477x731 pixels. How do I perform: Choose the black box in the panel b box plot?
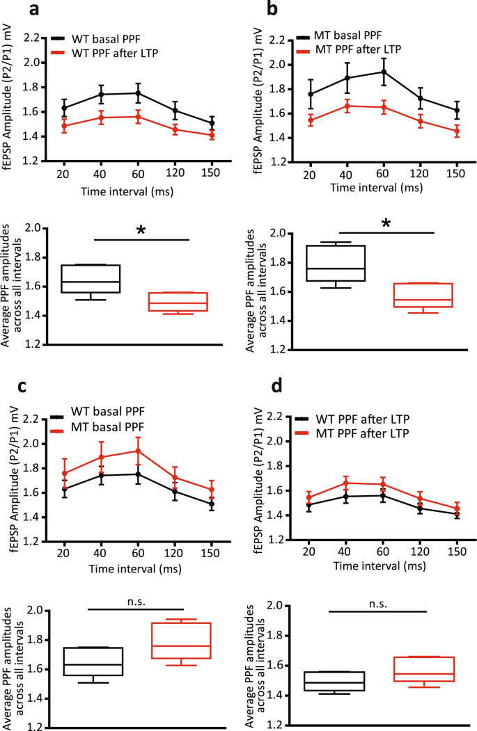click(336, 263)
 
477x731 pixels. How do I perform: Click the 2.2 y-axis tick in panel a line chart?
click(31, 39)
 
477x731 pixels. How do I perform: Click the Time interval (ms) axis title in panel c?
click(135, 568)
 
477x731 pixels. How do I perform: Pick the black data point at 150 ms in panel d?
click(457, 514)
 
